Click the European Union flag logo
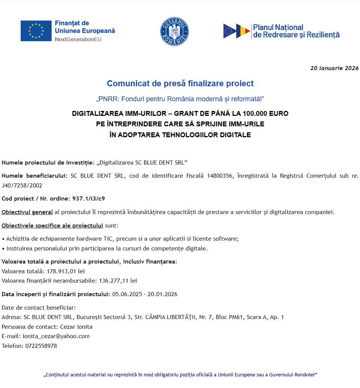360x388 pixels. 36,31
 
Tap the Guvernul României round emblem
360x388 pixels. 174,31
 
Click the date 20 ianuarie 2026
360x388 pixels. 334,68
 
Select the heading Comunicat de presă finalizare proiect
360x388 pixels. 180,83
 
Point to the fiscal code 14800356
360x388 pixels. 219,175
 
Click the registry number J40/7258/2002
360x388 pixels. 22,185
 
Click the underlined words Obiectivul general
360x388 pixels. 27,212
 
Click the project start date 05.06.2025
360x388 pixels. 127,294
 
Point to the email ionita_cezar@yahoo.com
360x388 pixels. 56,336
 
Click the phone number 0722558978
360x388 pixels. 41,346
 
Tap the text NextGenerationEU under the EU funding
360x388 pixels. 78,39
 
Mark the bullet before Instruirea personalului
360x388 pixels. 3,248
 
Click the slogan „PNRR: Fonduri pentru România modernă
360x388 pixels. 180,99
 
